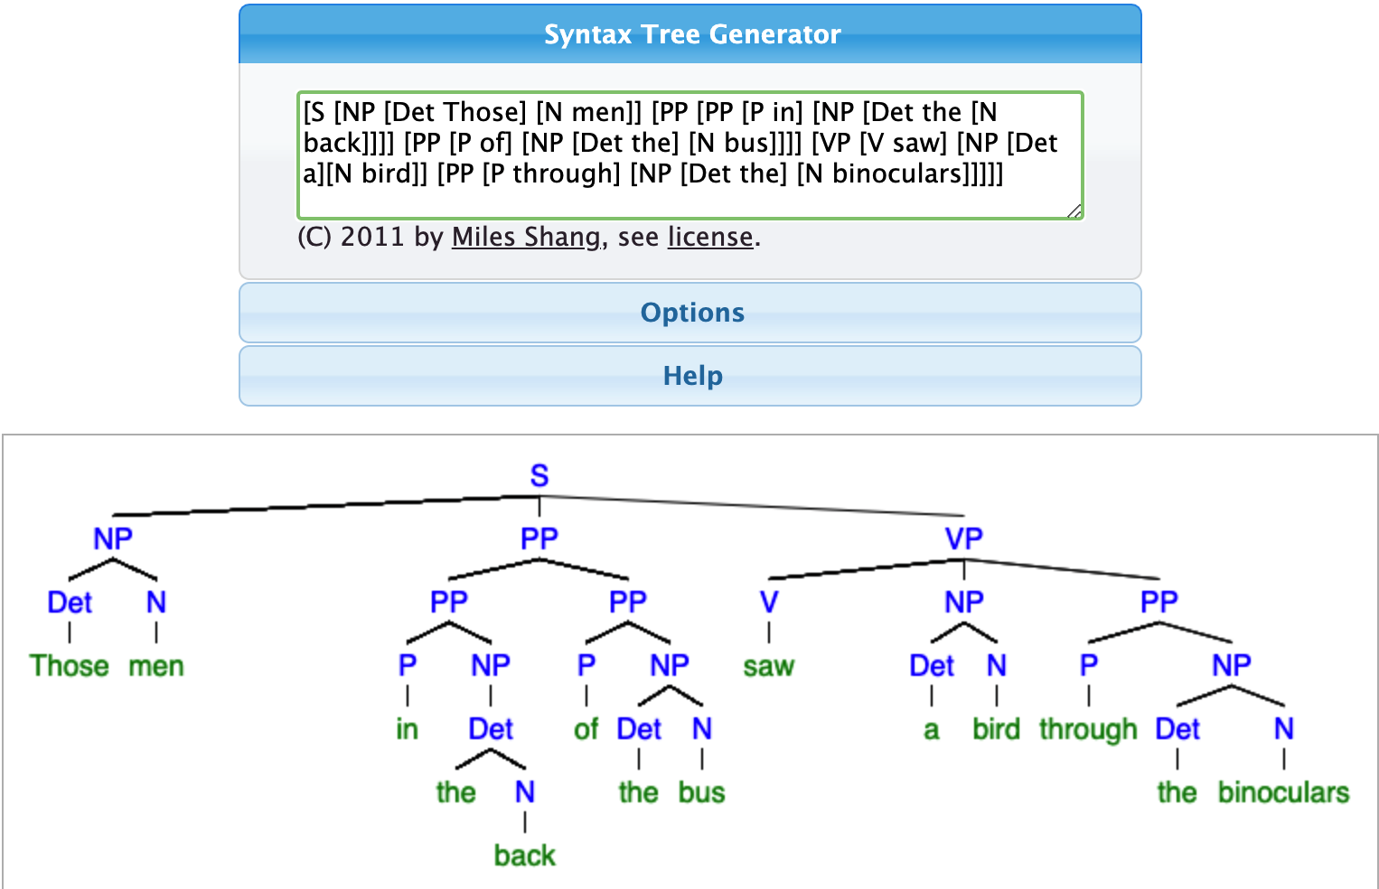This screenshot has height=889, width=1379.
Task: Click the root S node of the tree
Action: point(539,475)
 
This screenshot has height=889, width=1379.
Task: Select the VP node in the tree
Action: point(964,538)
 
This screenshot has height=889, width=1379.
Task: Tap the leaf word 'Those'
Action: point(69,666)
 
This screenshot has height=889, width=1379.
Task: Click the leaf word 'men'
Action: point(156,666)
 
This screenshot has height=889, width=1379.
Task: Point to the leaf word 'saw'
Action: point(769,666)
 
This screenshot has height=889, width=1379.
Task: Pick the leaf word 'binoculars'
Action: point(1283,792)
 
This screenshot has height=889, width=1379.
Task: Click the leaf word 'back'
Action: point(524,856)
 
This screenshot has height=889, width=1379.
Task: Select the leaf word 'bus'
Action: point(702,792)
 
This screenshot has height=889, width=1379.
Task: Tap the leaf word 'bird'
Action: point(996,729)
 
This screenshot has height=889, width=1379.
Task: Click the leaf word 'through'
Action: point(1088,730)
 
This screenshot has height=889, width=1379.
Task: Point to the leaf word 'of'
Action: point(586,729)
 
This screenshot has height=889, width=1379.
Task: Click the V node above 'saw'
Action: point(769,602)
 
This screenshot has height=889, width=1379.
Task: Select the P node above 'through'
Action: point(1088,665)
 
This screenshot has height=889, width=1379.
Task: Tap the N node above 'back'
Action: point(524,792)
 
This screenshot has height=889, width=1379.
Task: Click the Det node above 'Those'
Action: point(70,602)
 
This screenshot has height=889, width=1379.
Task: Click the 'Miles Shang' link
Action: point(526,237)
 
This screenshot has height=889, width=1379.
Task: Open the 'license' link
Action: point(710,237)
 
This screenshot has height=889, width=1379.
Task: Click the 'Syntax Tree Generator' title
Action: point(692,34)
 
